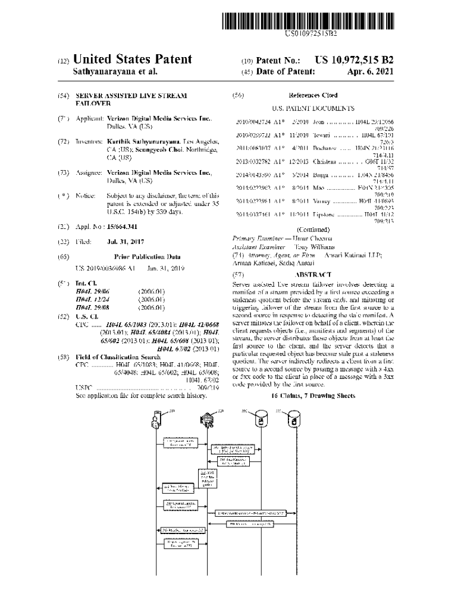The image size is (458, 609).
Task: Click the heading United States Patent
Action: [x=132, y=59]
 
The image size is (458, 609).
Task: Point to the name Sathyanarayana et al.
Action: [x=115, y=72]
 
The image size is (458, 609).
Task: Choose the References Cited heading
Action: [x=312, y=95]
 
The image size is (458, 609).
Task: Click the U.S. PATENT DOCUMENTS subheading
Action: [x=313, y=109]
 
